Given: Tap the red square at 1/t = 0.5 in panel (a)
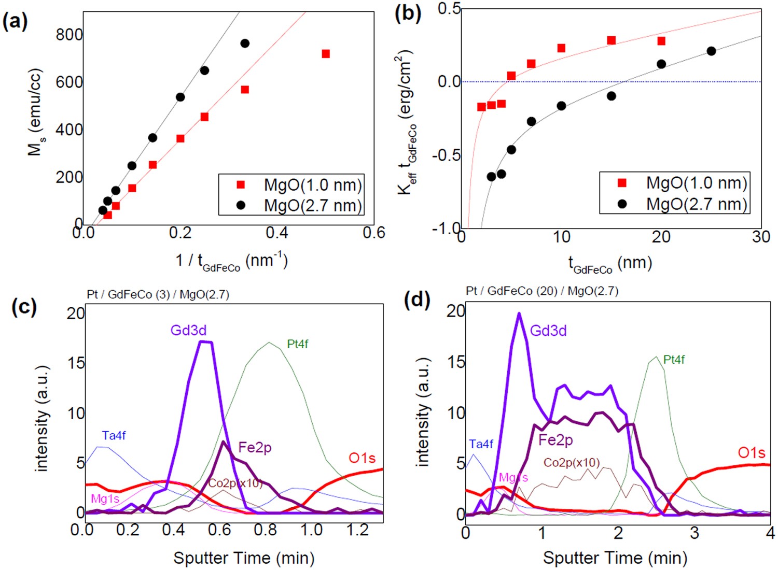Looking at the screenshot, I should pyautogui.click(x=326, y=54).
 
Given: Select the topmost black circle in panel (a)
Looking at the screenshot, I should pyautogui.click(x=245, y=44).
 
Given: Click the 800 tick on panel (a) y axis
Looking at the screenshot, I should pyautogui.click(x=69, y=35).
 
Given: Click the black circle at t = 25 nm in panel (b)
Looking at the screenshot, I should pyautogui.click(x=711, y=51).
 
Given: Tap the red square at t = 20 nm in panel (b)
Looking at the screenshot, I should pyautogui.click(x=661, y=41).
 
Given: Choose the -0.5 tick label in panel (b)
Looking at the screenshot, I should pyautogui.click(x=446, y=155).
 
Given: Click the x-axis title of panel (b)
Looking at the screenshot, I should pyautogui.click(x=610, y=264).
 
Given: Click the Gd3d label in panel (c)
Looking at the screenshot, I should pyautogui.click(x=188, y=330).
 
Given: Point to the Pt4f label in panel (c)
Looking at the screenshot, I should pyautogui.click(x=297, y=344).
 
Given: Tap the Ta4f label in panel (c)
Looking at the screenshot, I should pyautogui.click(x=114, y=435).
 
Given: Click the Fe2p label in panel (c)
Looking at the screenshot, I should pyautogui.click(x=255, y=447).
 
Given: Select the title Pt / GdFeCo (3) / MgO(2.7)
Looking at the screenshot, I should pyautogui.click(x=158, y=294).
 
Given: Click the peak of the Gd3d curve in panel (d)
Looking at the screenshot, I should pyautogui.click(x=519, y=313).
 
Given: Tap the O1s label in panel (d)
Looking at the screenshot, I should pyautogui.click(x=751, y=453).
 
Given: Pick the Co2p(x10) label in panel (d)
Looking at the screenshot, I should pyautogui.click(x=572, y=462).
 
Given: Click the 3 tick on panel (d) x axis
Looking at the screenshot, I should pyautogui.click(x=694, y=532).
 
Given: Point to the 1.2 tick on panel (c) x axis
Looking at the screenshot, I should pyautogui.click(x=357, y=530).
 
